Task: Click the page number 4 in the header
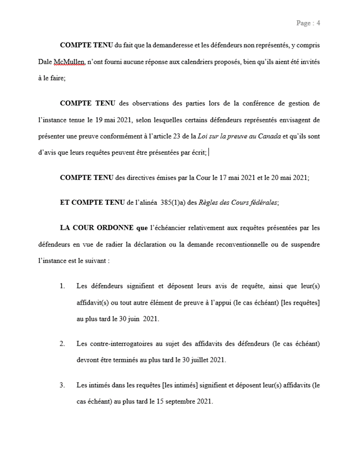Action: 318,23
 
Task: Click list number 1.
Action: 62,286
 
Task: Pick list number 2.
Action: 62,343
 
